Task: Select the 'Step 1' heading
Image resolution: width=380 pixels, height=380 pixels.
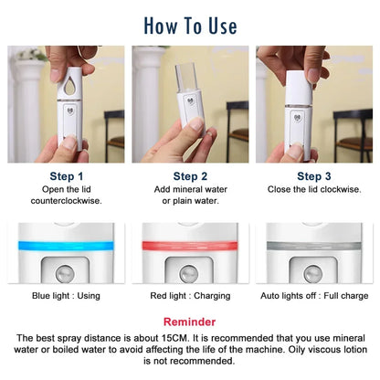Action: tap(67, 175)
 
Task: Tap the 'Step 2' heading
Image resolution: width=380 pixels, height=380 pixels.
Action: tap(190, 175)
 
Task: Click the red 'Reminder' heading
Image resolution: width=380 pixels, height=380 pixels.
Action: tap(189, 322)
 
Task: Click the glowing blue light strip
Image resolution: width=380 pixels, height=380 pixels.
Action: tap(67, 245)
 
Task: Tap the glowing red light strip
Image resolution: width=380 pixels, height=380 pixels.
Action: tap(189, 245)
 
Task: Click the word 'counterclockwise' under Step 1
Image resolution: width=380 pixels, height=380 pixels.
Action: tap(67, 201)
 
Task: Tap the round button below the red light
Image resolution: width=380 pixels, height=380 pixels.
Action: tap(189, 272)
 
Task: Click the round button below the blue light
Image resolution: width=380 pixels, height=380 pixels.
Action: tap(67, 272)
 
